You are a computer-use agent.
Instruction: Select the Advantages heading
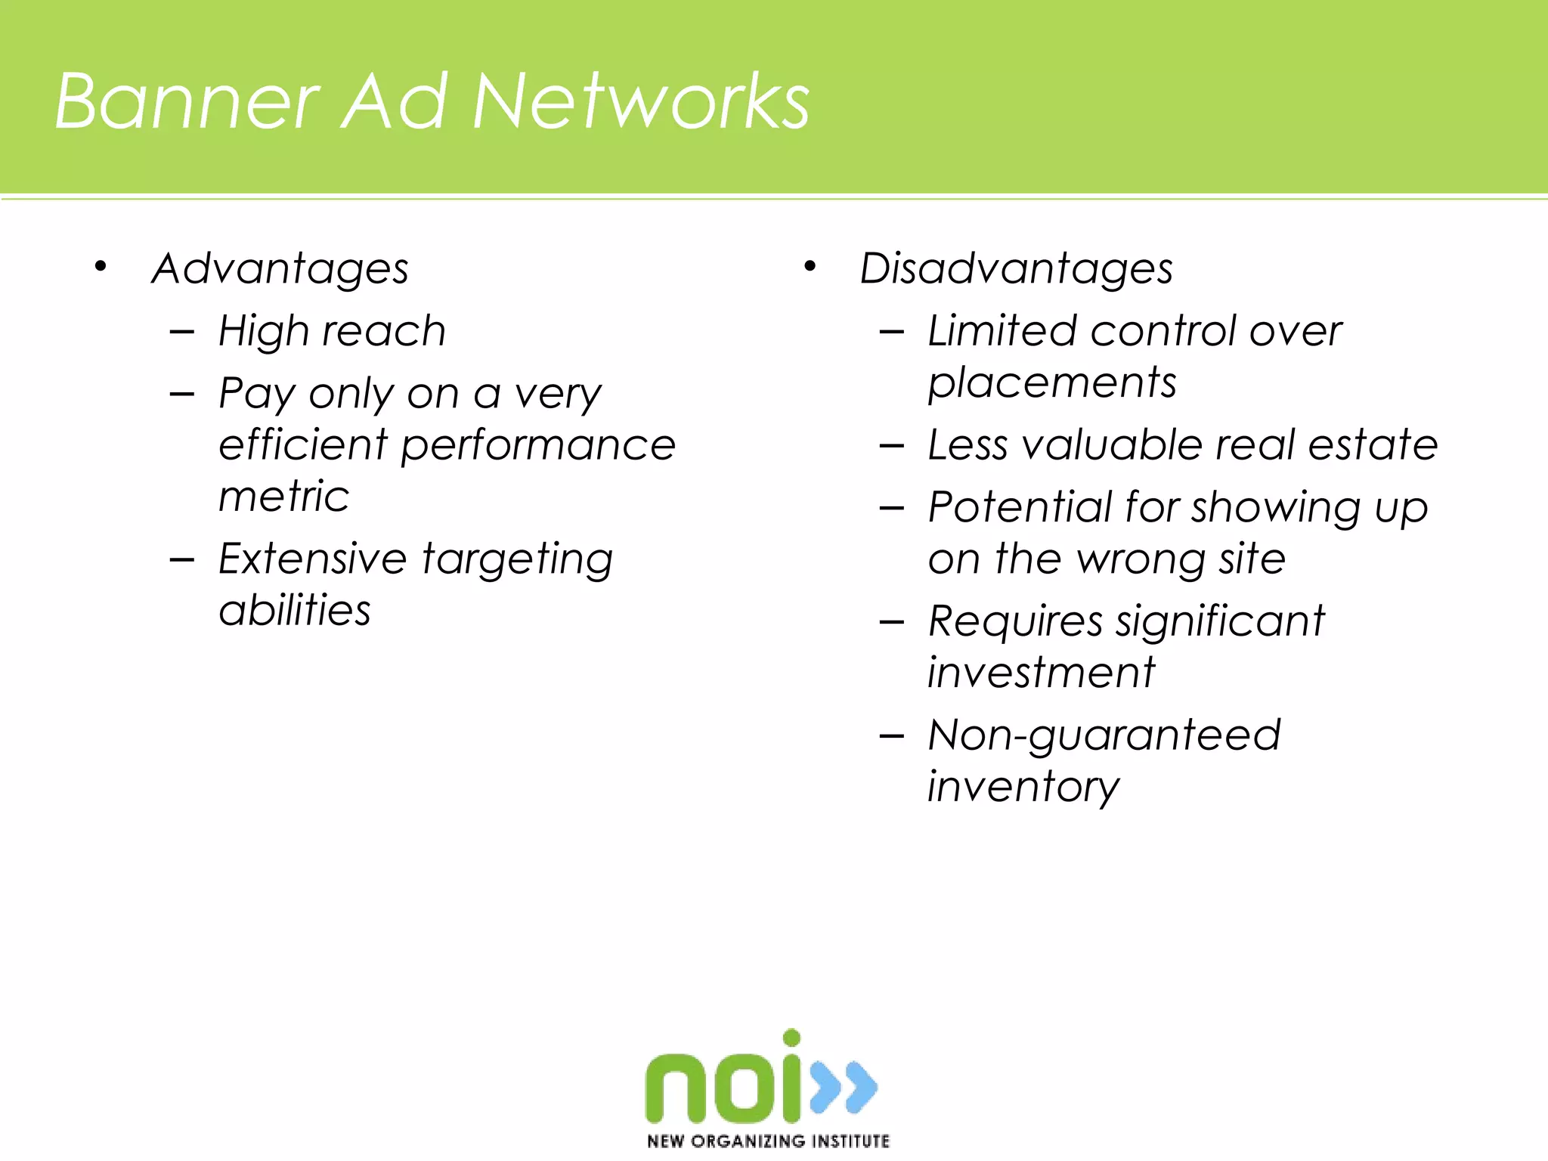(280, 269)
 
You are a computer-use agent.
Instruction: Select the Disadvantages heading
(1016, 269)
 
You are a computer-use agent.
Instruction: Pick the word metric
(284, 497)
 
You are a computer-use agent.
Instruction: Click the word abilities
(295, 611)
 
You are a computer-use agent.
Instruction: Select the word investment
(1042, 673)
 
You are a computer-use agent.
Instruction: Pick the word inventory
(1023, 788)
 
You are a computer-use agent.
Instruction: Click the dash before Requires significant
(892, 623)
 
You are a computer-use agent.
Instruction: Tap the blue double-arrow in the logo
(844, 1087)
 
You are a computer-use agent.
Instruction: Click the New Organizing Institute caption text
(768, 1141)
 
